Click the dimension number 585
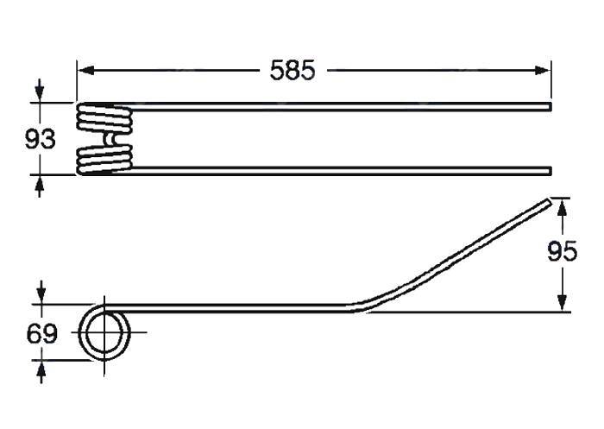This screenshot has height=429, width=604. (x=293, y=70)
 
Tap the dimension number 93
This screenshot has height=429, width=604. (x=40, y=139)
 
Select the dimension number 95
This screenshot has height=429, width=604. (x=562, y=252)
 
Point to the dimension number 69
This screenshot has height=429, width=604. (x=42, y=333)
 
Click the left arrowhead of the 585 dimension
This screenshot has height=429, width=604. (x=85, y=71)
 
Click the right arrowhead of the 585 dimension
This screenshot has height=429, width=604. (x=543, y=71)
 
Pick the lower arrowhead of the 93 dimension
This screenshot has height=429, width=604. (x=40, y=183)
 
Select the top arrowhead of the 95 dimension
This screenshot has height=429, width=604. (x=563, y=206)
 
